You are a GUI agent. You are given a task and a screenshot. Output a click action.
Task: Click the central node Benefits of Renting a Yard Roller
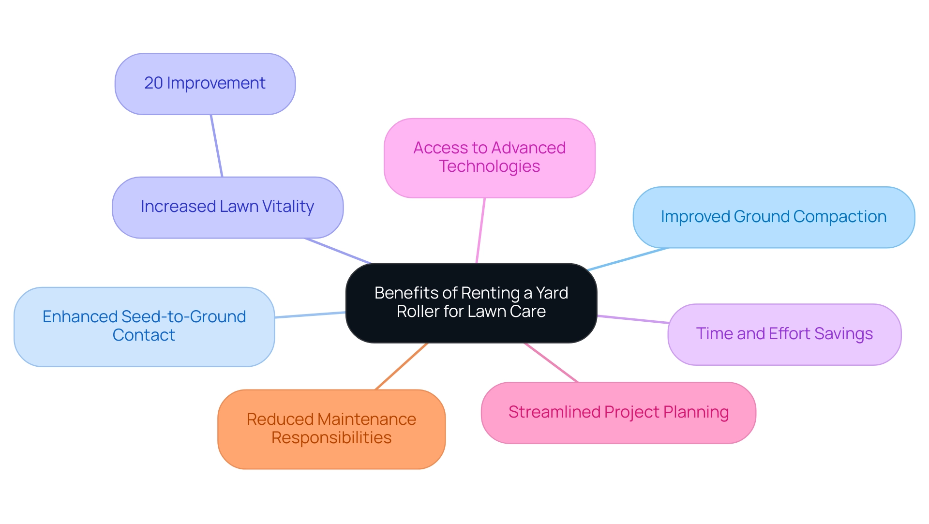471,303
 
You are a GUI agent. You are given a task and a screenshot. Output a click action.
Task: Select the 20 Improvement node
205,84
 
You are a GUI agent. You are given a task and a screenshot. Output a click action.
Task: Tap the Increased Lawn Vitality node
227,207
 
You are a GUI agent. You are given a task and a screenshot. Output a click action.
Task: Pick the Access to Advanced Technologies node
489,158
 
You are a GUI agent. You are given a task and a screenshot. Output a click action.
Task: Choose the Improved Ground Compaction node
773,217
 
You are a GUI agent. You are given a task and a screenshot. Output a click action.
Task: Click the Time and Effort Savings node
784,334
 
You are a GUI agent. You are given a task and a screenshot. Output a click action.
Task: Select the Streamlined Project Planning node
618,413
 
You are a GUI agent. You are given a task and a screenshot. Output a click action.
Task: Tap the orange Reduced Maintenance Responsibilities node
331,429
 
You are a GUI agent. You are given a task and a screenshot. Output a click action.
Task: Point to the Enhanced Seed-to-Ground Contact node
144,327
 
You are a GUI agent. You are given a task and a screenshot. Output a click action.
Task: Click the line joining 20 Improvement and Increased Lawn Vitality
216,146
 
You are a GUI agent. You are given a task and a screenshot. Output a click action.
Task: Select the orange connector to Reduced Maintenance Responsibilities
402,366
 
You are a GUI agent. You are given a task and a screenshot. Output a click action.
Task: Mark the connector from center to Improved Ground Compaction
628,259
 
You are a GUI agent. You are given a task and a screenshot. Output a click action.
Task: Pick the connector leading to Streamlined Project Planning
551,362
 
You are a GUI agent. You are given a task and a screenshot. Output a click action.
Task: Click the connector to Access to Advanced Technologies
480,230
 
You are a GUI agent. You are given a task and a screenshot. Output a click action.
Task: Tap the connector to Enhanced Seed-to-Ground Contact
310,315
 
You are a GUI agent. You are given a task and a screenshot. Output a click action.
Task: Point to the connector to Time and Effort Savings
633,319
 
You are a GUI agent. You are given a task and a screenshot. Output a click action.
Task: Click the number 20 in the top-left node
153,83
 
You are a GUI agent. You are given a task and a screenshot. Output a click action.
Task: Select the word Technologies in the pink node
489,166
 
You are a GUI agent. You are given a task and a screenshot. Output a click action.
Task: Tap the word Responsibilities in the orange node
331,438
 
